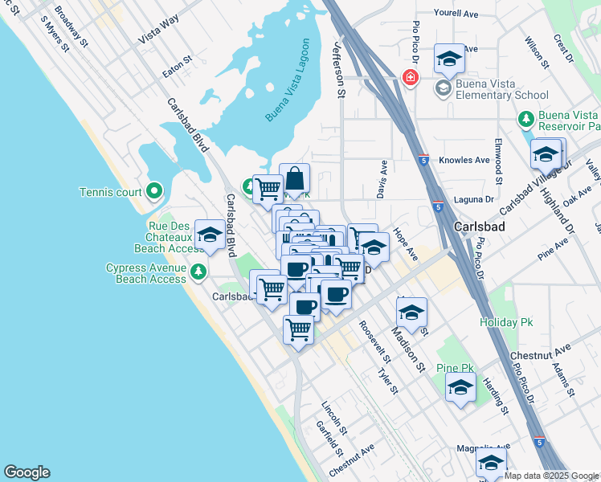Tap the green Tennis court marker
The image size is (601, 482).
pyautogui.click(x=154, y=191)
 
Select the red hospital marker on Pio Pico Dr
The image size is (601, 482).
pyautogui.click(x=410, y=78)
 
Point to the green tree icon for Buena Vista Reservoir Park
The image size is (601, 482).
pyautogui.click(x=526, y=120)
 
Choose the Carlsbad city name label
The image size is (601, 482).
pyautogui.click(x=479, y=227)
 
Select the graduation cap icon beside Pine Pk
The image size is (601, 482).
pyautogui.click(x=460, y=388)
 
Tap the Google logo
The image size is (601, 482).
pyautogui.click(x=27, y=472)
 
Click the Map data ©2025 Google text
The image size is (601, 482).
pyautogui.click(x=551, y=476)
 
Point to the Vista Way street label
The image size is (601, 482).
pyautogui.click(x=158, y=32)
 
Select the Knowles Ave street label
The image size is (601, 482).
pyautogui.click(x=464, y=160)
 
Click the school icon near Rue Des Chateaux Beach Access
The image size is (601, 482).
pyautogui.click(x=210, y=235)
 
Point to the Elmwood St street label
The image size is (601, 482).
pyautogui.click(x=499, y=155)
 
